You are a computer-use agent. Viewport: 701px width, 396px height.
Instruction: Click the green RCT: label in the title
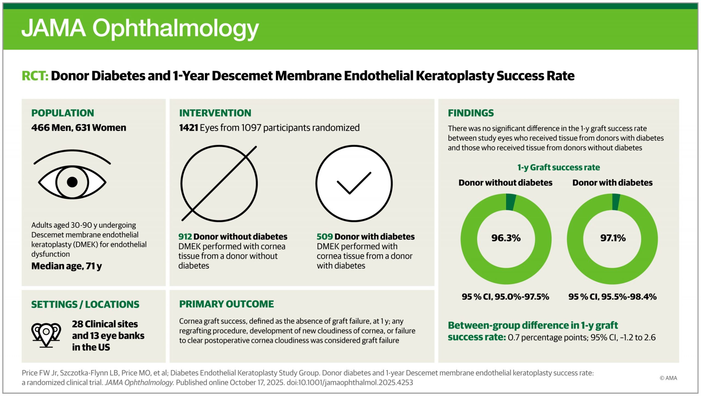35,76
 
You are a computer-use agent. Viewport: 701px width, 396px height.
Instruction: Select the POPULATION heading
62,113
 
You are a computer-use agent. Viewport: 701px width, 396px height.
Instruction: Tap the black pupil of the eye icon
72,182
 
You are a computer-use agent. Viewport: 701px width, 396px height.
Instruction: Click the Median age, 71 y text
67,266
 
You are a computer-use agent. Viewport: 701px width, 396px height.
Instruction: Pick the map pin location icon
46,335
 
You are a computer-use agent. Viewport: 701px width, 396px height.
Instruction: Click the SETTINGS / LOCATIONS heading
85,304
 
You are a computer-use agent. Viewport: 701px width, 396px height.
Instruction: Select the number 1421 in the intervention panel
188,128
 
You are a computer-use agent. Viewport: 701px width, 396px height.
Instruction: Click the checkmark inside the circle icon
354,183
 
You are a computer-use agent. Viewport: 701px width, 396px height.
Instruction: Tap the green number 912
185,236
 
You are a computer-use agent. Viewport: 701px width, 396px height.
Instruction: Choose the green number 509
324,236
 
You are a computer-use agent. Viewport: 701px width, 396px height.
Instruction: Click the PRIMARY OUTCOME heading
226,304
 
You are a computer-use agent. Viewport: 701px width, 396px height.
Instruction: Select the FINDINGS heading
471,113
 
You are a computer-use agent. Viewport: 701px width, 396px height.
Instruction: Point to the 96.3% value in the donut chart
506,238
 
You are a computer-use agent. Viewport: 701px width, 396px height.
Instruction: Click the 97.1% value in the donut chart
613,238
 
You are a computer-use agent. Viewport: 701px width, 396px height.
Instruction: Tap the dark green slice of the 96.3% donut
511,202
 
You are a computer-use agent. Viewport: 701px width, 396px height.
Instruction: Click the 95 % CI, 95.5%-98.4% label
612,297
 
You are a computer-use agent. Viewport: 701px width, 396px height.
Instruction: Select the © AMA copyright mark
668,378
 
